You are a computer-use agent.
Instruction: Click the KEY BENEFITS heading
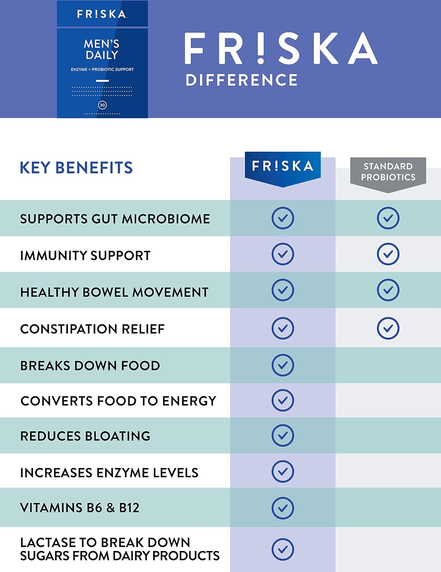pyautogui.click(x=76, y=168)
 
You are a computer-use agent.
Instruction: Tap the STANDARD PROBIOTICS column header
pyautogui.click(x=388, y=172)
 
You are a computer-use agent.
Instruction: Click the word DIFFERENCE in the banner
pyautogui.click(x=241, y=80)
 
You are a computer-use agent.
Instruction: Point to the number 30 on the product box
pyautogui.click(x=102, y=105)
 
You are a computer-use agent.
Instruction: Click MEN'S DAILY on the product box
pyautogui.click(x=102, y=50)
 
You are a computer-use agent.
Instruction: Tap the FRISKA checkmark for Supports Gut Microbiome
pyautogui.click(x=282, y=218)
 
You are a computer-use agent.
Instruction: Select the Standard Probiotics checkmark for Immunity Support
pyautogui.click(x=388, y=254)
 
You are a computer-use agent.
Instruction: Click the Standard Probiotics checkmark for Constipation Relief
pyautogui.click(x=388, y=328)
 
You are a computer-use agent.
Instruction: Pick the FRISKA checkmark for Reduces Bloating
pyautogui.click(x=282, y=435)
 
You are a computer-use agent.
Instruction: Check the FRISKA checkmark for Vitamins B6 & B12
pyautogui.click(x=282, y=508)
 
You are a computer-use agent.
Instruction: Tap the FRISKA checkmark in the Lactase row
pyautogui.click(x=282, y=549)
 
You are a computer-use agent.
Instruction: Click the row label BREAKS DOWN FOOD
pyautogui.click(x=90, y=366)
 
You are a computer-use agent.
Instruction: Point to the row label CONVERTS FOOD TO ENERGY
pyautogui.click(x=118, y=401)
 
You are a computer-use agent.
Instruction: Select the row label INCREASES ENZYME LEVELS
pyautogui.click(x=109, y=473)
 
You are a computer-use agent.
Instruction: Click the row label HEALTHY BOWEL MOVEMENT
pyautogui.click(x=114, y=292)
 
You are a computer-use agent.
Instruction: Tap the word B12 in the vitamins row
pyautogui.click(x=129, y=508)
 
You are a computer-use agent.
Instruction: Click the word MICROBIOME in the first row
pyautogui.click(x=166, y=219)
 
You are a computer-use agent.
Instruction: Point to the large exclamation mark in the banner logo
pyautogui.click(x=261, y=48)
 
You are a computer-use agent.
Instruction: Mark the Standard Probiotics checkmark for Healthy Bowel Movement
pyautogui.click(x=388, y=290)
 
